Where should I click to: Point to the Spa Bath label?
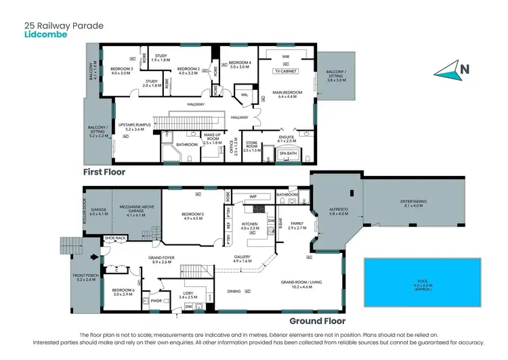pyautogui.click(x=288, y=154)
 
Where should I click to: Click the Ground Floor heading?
pyautogui.click(x=317, y=321)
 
